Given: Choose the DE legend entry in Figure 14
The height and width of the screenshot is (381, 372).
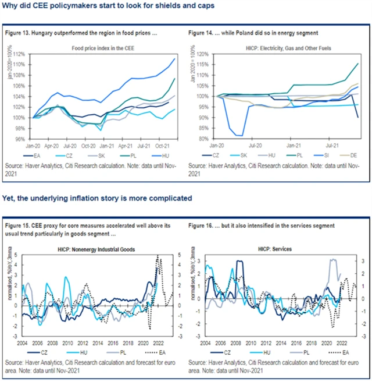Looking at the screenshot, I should [x=348, y=155].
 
